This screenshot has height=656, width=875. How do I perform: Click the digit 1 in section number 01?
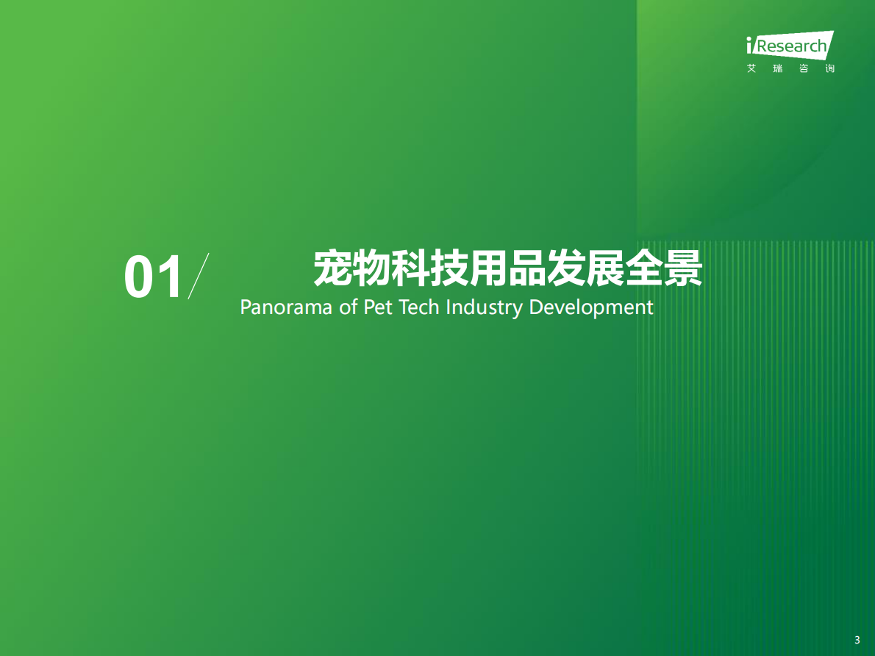(x=171, y=278)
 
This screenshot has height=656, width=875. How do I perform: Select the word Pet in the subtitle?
(x=377, y=307)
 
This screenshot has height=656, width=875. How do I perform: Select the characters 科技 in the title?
(x=429, y=268)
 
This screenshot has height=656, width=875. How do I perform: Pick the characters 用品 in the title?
(x=507, y=268)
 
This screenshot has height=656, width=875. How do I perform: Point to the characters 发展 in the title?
(x=585, y=268)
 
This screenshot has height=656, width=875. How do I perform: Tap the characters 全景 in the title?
(x=664, y=268)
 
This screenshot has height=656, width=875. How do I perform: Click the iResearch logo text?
(x=790, y=46)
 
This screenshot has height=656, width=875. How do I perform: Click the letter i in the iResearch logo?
(x=749, y=47)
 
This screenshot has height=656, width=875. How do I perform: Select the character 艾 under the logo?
(x=751, y=68)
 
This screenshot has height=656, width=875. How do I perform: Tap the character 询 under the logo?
(x=829, y=68)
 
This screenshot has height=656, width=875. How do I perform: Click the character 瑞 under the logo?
(x=777, y=68)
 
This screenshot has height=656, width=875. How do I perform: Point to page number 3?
(x=857, y=640)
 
